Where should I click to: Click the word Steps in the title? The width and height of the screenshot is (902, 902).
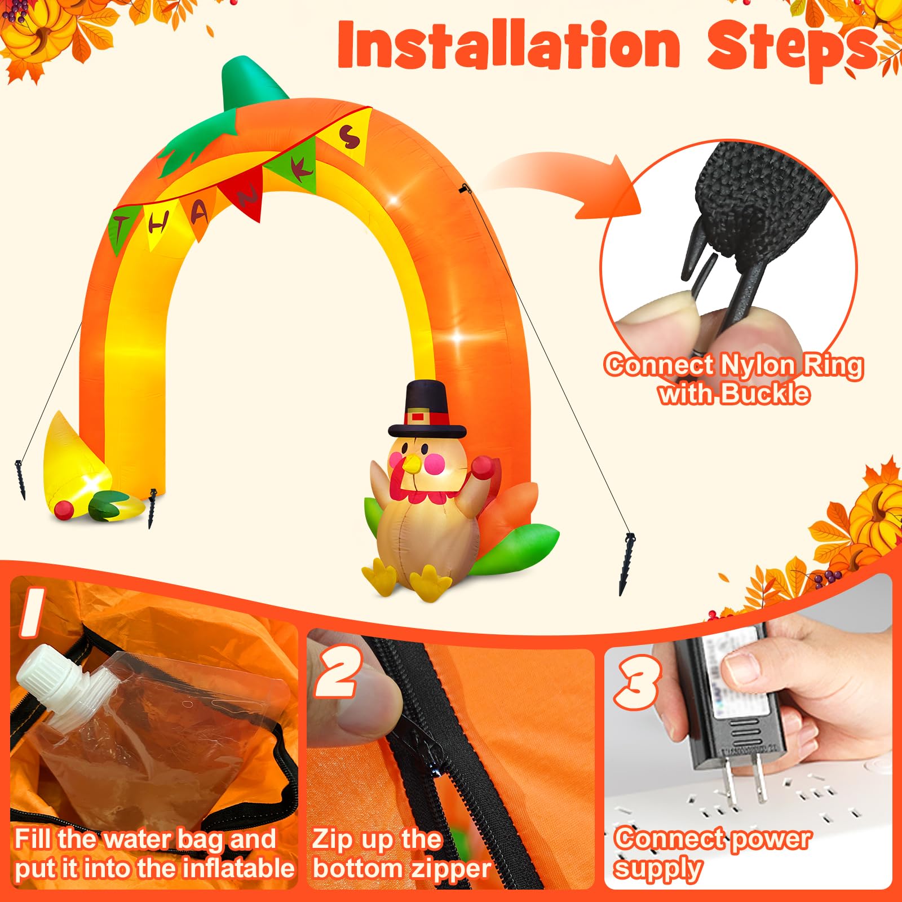click(x=792, y=48)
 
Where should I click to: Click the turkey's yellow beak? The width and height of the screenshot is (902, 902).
click(x=413, y=463)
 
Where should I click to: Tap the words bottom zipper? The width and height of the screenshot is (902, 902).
click(x=401, y=869)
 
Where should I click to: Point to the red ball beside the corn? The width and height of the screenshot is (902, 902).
click(x=64, y=509)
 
